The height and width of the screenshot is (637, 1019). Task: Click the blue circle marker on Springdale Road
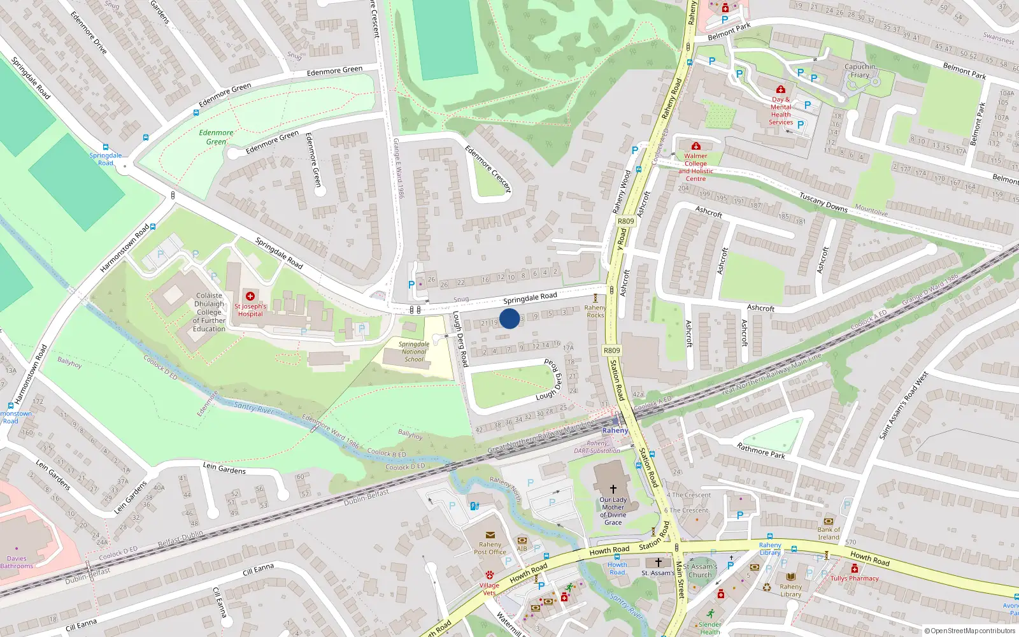pos(509,318)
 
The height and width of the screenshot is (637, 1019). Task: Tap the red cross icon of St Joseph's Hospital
pos(250,296)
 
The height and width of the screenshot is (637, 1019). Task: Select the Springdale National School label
pos(414,352)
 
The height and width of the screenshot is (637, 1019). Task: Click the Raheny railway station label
pos(615,431)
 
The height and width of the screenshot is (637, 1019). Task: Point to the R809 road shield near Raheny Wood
pos(625,221)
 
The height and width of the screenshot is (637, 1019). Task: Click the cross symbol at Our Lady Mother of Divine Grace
pos(613,489)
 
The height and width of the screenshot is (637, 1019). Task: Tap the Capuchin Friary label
pos(860,71)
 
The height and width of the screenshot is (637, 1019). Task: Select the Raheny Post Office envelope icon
pos(490,535)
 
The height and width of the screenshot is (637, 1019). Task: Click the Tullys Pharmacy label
pos(854,578)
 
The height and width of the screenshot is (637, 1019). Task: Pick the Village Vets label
pos(489,589)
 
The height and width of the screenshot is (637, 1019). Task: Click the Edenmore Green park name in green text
pos(216,137)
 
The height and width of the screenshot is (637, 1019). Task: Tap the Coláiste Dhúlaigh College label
pos(209,312)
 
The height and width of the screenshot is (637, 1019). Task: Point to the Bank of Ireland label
pos(829,533)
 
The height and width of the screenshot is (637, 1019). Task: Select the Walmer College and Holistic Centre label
pos(695,167)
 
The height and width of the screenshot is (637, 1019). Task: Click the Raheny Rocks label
pos(595,311)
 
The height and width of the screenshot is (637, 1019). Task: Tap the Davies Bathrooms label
pos(17,562)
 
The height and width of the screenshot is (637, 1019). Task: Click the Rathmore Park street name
pos(760,451)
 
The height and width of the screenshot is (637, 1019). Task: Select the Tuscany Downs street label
pos(823,203)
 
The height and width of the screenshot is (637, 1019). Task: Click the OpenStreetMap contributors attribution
pos(969,631)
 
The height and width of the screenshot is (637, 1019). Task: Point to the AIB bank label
pos(522,548)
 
